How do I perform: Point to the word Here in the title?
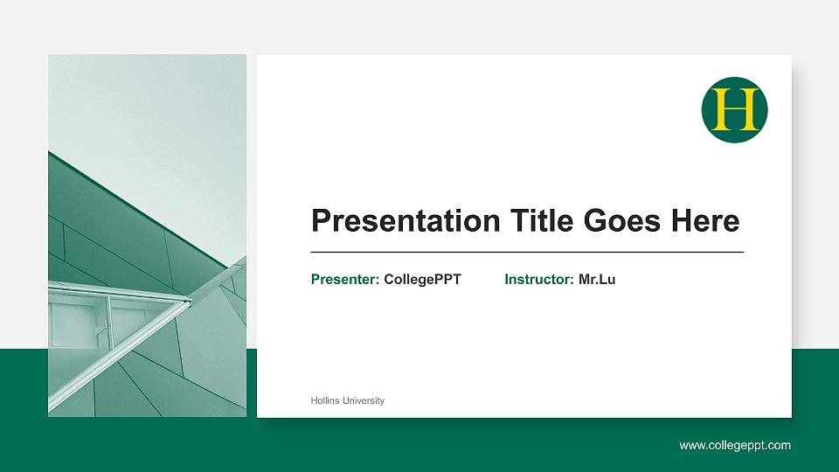tap(704, 221)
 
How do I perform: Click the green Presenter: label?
tap(345, 280)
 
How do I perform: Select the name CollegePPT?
tap(422, 280)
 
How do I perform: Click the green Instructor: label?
tap(539, 280)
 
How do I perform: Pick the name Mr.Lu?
tap(597, 280)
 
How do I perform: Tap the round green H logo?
tap(734, 110)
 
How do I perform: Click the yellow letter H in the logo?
tap(734, 110)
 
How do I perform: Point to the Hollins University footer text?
tap(347, 400)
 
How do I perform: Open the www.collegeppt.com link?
tap(735, 446)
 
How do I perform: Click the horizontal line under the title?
tap(527, 252)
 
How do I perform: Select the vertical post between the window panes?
tap(108, 319)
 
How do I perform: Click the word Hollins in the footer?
tap(324, 400)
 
